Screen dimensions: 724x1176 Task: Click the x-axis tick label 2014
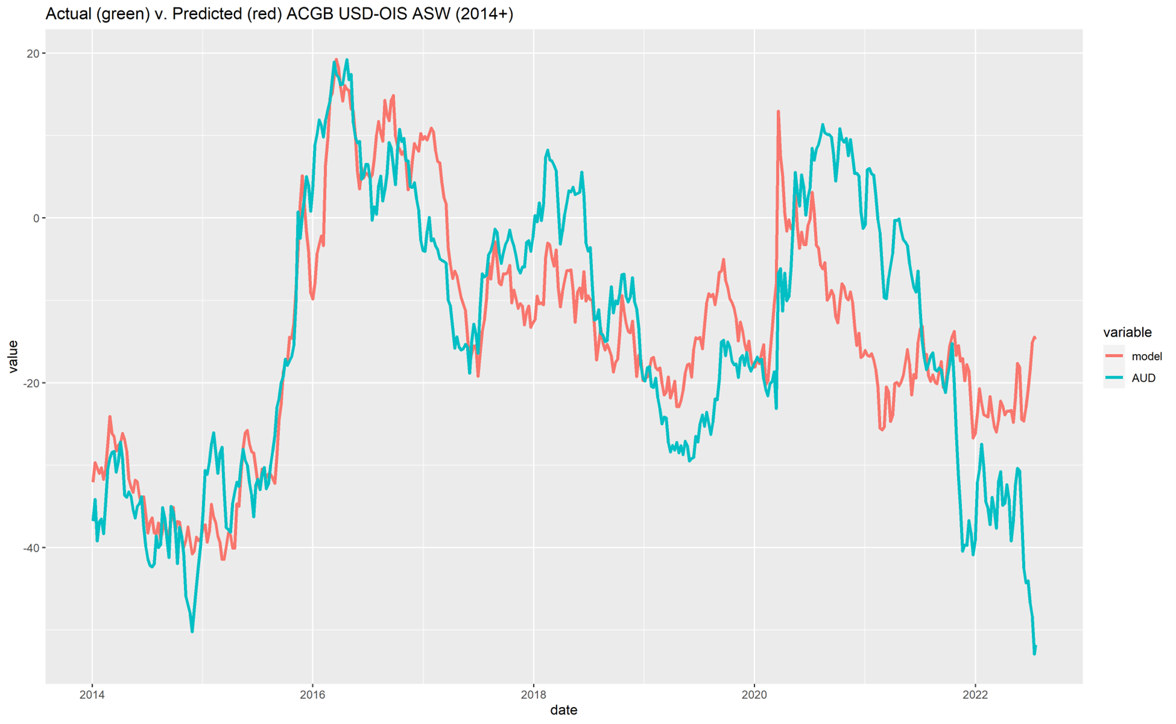pyautogui.click(x=92, y=694)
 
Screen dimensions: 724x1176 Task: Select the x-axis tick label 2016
pyautogui.click(x=313, y=694)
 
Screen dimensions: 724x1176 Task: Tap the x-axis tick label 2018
pyautogui.click(x=533, y=694)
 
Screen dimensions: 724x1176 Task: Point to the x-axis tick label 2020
pyautogui.click(x=754, y=694)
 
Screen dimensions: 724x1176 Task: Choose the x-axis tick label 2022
pyautogui.click(x=975, y=694)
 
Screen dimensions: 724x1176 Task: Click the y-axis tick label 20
pyautogui.click(x=32, y=53)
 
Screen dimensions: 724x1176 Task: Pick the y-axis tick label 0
pyautogui.click(x=36, y=218)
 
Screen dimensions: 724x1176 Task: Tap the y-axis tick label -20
pyautogui.click(x=29, y=383)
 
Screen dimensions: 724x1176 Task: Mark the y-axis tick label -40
pyautogui.click(x=29, y=548)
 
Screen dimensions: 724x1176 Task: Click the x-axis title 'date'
pyautogui.click(x=564, y=710)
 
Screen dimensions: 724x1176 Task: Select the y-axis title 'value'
pyautogui.click(x=13, y=357)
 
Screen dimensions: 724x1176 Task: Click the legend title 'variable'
pyautogui.click(x=1127, y=332)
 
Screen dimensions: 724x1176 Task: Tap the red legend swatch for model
pyautogui.click(x=1114, y=356)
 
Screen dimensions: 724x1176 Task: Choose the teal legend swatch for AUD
pyautogui.click(x=1114, y=378)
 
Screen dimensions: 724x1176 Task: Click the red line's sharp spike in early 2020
pyautogui.click(x=778, y=112)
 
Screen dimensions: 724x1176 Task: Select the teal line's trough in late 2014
pyautogui.click(x=192, y=631)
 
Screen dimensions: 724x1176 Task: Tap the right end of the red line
pyautogui.click(x=1035, y=338)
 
